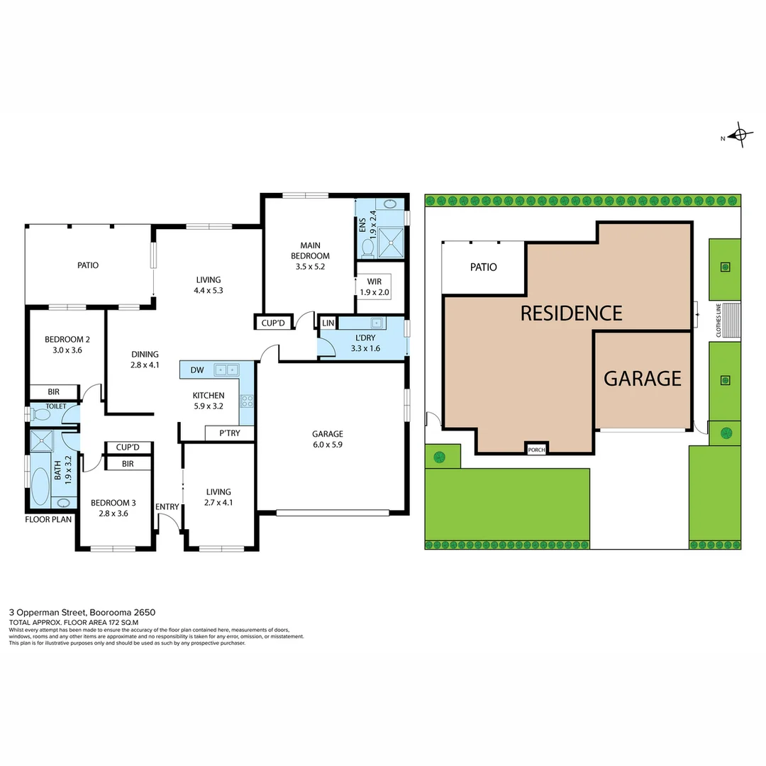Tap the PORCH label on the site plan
pyautogui.click(x=536, y=449)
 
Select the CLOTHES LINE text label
pyautogui.click(x=718, y=321)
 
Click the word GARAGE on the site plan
pyautogui.click(x=642, y=379)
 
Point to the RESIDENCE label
pyautogui.click(x=571, y=313)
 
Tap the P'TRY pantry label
pyautogui.click(x=228, y=433)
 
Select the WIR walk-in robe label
pyautogui.click(x=374, y=282)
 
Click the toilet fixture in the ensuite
pyautogui.click(x=367, y=246)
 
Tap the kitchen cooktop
pyautogui.click(x=247, y=401)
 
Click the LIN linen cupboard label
pyautogui.click(x=328, y=323)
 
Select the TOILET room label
pyautogui.click(x=55, y=407)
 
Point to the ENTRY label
pyautogui.click(x=167, y=506)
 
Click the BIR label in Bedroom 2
pyautogui.click(x=53, y=391)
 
